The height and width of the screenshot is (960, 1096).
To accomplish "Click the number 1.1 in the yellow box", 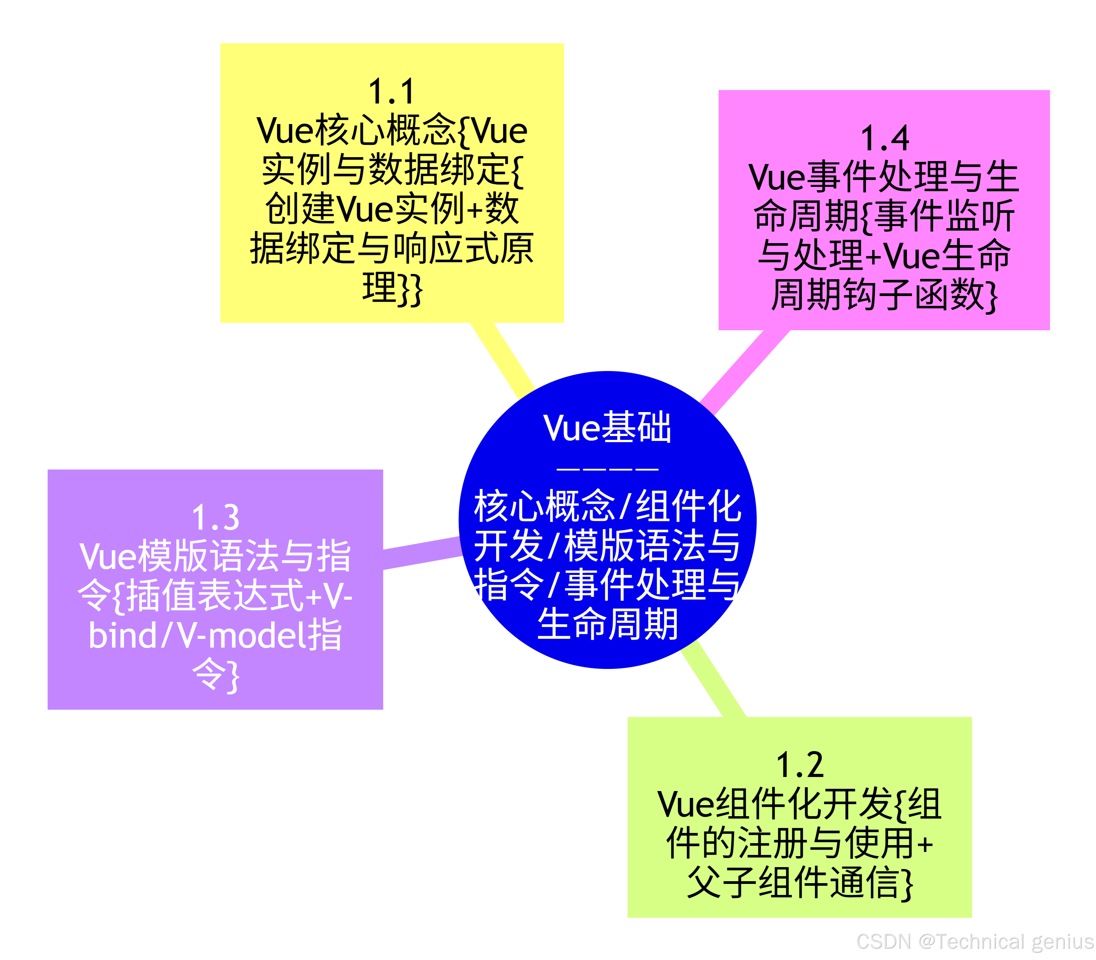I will coord(392,92).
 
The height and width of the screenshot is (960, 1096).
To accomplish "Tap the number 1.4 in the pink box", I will coord(884,139).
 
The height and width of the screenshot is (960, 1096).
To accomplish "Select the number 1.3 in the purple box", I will coord(215,517).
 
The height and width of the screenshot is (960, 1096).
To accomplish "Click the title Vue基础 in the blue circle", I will coord(607,428).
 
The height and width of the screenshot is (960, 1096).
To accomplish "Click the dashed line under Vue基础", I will coord(607,469).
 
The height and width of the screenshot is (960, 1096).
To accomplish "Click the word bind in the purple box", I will coord(123,636).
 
